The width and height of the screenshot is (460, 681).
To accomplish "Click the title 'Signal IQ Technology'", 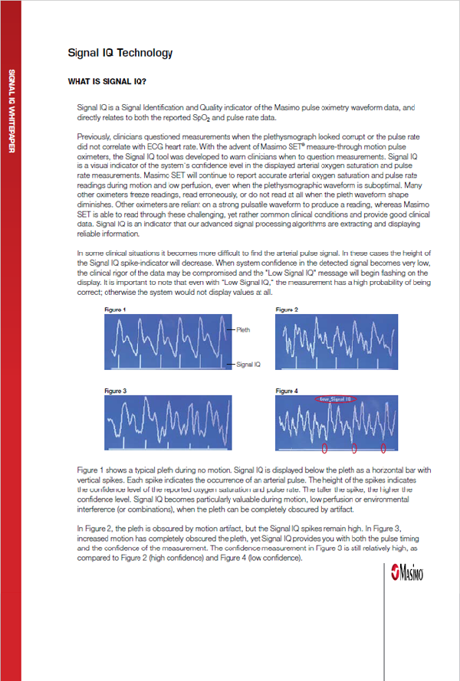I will click(120, 53).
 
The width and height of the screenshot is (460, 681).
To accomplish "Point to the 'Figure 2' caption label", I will click(287, 309).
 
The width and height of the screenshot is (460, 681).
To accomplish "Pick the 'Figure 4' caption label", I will click(287, 391).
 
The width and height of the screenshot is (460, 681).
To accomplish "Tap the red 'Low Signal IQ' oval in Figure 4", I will click(334, 399).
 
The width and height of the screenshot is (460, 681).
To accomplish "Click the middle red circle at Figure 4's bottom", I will click(354, 447).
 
